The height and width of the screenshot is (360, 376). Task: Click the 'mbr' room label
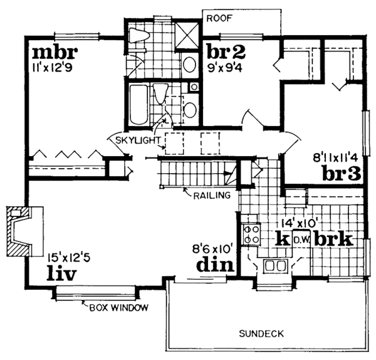pos(55,53)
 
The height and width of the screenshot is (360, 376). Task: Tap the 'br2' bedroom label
pos(226,51)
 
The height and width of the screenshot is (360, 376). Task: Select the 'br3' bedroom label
pos(342,173)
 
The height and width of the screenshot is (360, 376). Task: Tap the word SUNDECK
pos(261,334)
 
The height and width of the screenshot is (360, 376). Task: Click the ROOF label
pos(220,18)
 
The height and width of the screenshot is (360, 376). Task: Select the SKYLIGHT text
pos(138,140)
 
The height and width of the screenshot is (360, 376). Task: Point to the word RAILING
pos(212,195)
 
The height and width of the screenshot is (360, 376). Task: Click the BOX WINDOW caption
pos(119,307)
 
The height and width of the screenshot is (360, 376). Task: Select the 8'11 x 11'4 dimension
pos(335,158)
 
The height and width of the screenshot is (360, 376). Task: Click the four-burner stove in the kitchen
pos(251,234)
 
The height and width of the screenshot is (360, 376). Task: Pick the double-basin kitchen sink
pos(275,266)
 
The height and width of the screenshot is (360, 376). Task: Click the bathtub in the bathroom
pos(138,104)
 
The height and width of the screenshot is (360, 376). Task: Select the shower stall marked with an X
pos(187,36)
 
